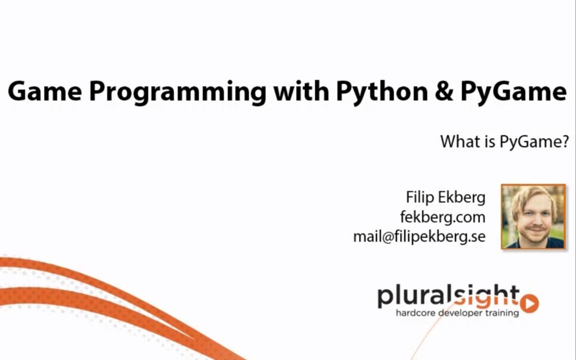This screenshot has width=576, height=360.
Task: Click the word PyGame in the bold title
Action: [x=513, y=91]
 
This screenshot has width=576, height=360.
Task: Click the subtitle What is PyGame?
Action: [x=504, y=142]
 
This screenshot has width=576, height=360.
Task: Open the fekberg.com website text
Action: [x=442, y=217]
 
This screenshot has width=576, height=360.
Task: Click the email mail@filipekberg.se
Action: [x=419, y=237]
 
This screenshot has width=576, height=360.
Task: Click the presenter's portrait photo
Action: [x=533, y=216]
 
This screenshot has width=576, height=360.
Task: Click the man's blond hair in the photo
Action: [x=531, y=194]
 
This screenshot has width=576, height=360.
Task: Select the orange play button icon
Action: [x=529, y=303]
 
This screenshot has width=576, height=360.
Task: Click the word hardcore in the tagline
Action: [x=415, y=313]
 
